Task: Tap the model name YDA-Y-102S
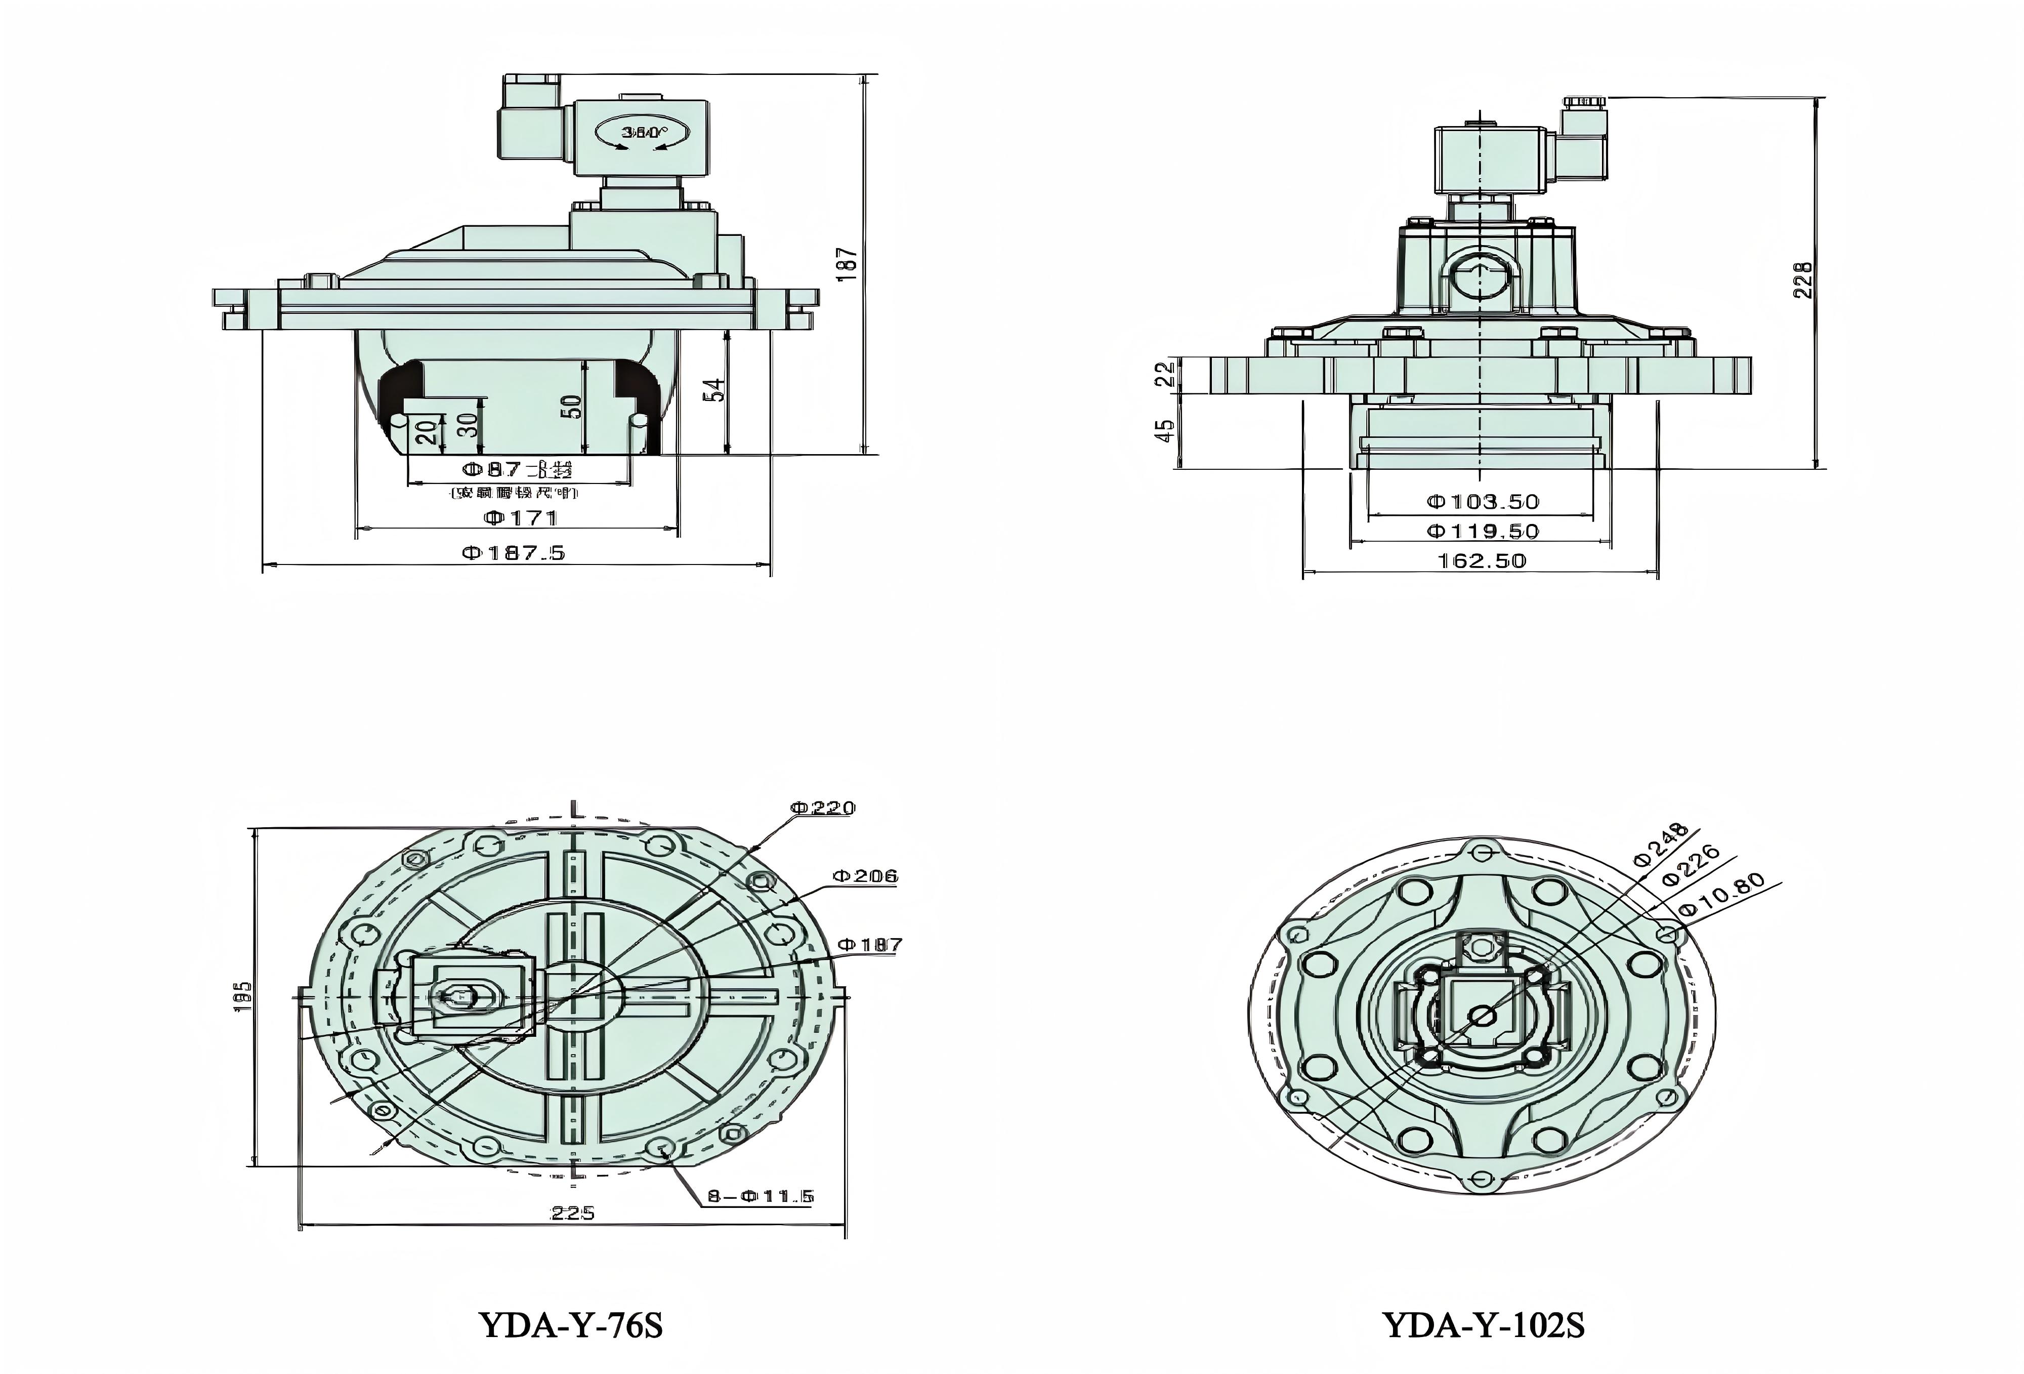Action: pyautogui.click(x=1483, y=1325)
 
